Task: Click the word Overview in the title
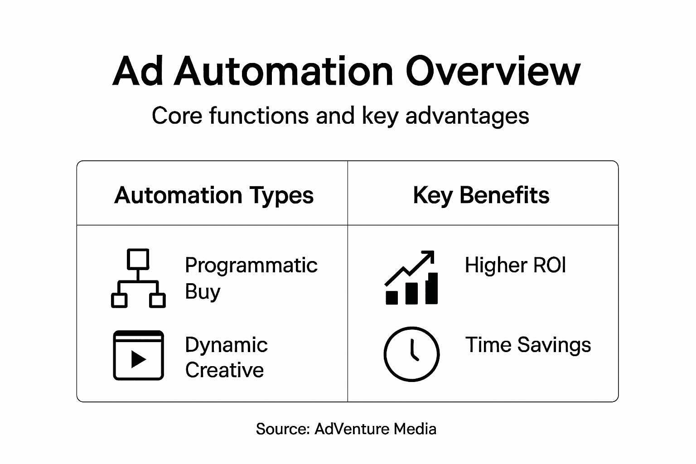click(x=493, y=72)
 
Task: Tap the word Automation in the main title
click(x=284, y=72)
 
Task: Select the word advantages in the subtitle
click(x=467, y=116)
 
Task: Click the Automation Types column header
click(x=214, y=195)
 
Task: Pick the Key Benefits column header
click(x=481, y=195)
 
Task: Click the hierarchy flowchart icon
click(x=138, y=278)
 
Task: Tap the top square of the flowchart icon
click(x=138, y=259)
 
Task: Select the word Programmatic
click(x=251, y=265)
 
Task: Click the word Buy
click(x=202, y=291)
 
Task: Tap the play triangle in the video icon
click(x=138, y=359)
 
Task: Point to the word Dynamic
click(x=226, y=345)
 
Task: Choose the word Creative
click(x=224, y=370)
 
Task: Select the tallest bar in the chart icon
click(x=432, y=288)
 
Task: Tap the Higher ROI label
click(x=515, y=265)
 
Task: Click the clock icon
click(x=411, y=354)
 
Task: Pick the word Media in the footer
click(x=415, y=429)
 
